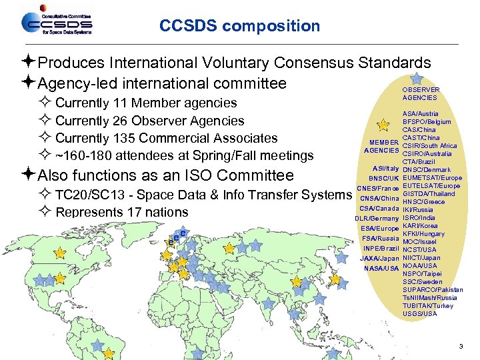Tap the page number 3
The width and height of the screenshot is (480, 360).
[x=461, y=346]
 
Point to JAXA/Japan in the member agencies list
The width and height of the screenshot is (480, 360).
[x=379, y=258]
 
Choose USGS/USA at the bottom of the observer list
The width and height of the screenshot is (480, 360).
[x=420, y=313]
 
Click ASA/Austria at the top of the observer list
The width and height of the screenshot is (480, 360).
[x=420, y=114]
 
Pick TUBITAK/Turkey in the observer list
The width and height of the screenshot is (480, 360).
[x=428, y=305]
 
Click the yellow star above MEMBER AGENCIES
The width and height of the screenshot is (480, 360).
[x=383, y=124]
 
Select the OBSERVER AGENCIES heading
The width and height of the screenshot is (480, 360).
[x=421, y=93]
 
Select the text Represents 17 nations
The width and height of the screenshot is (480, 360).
[x=122, y=212]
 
